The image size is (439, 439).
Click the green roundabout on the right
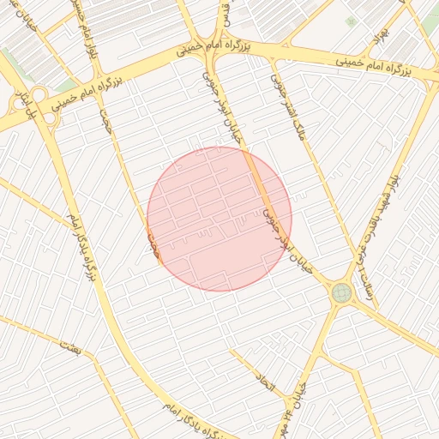click(x=341, y=293)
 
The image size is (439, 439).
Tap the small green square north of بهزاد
click(x=350, y=21)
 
